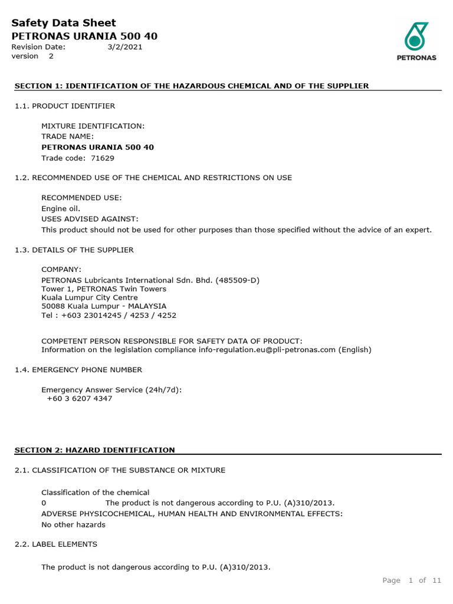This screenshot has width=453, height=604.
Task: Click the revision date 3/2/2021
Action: pyautogui.click(x=124, y=47)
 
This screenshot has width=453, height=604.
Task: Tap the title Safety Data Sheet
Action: pyautogui.click(x=64, y=24)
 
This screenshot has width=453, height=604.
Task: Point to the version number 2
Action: pyautogui.click(x=51, y=56)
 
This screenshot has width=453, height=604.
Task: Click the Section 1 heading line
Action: pyautogui.click(x=192, y=86)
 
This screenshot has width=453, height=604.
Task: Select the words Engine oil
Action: pyautogui.click(x=61, y=208)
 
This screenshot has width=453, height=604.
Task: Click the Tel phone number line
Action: pyautogui.click(x=109, y=315)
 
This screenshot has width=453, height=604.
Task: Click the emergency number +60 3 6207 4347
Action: pyautogui.click(x=79, y=398)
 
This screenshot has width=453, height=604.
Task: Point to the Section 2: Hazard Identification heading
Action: pyautogui.click(x=95, y=450)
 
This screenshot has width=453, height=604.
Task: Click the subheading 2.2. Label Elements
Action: pyautogui.click(x=56, y=543)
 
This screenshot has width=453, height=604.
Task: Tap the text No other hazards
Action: pyautogui.click(x=73, y=524)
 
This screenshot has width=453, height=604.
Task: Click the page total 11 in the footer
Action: pyautogui.click(x=436, y=580)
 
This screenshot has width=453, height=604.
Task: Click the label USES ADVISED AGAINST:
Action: pyautogui.click(x=90, y=219)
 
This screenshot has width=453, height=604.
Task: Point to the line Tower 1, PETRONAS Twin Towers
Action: pyautogui.click(x=104, y=289)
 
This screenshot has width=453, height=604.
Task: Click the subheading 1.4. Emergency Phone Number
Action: pyautogui.click(x=78, y=369)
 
